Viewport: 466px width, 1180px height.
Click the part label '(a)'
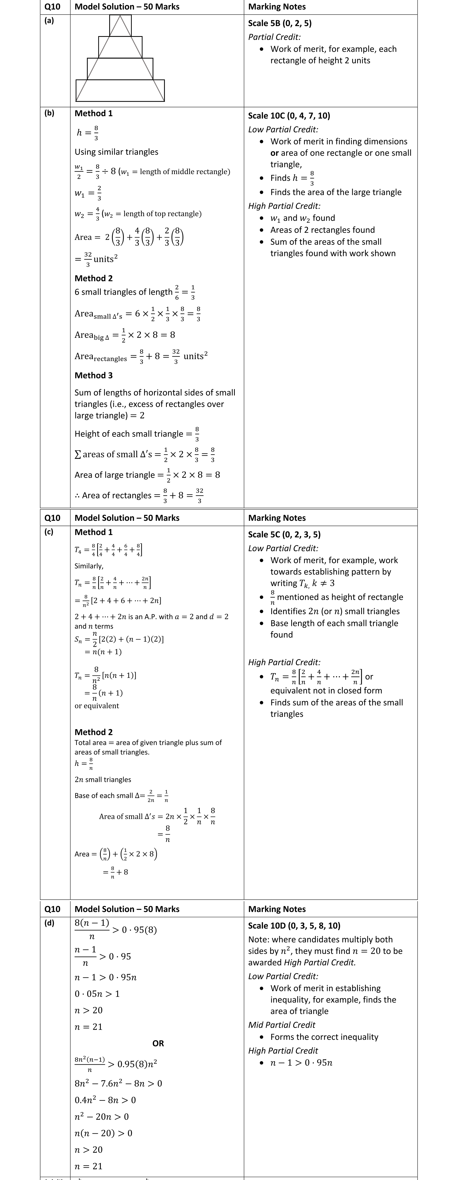pyautogui.click(x=49, y=21)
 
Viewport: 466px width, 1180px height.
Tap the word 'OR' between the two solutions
pyautogui.click(x=158, y=1044)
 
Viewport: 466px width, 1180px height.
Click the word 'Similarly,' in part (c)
pyautogui.click(x=89, y=566)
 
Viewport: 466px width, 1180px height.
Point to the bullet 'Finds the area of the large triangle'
pyautogui.click(x=336, y=192)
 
